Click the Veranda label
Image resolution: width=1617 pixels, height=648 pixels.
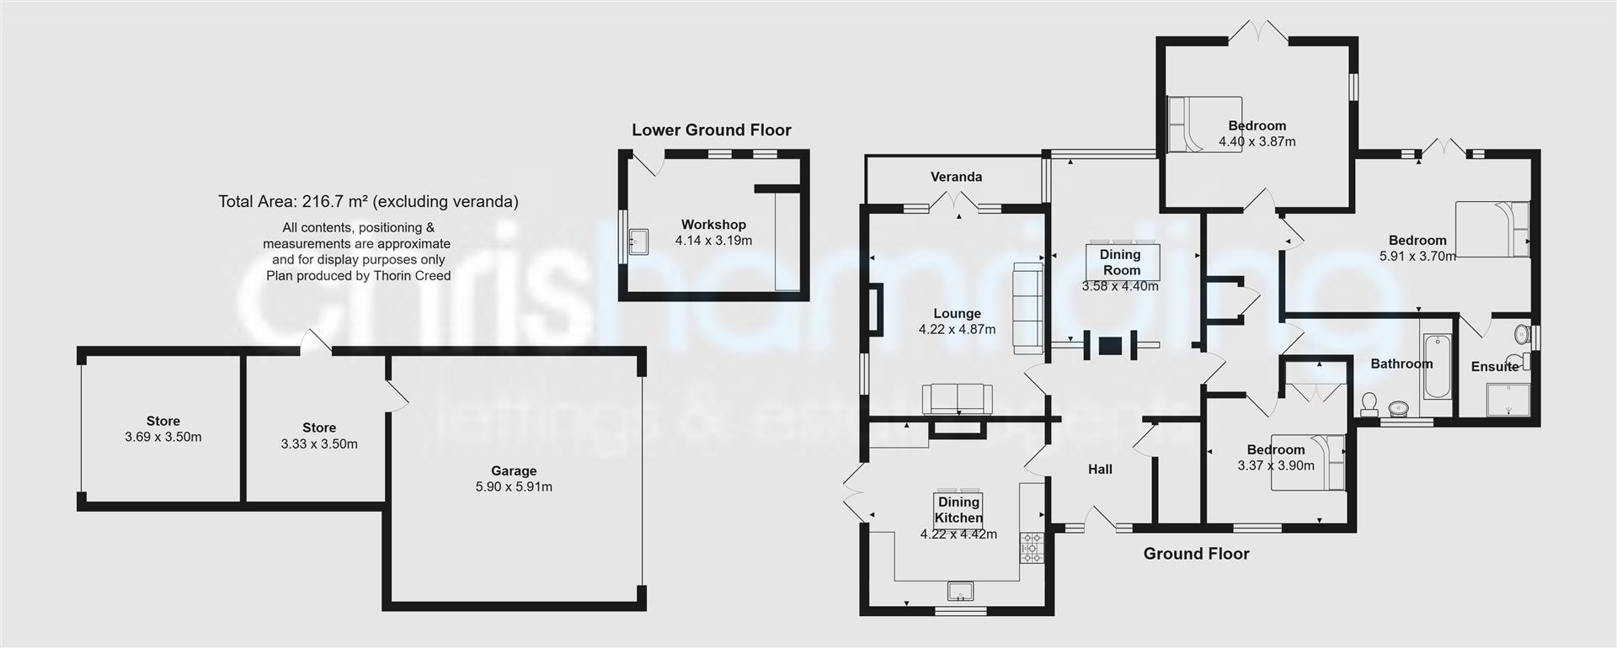pos(956,177)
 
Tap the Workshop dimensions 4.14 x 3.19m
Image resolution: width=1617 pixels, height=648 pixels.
pos(713,241)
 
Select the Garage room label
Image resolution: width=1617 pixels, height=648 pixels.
pos(514,471)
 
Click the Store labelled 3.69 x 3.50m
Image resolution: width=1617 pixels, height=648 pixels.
pos(163,429)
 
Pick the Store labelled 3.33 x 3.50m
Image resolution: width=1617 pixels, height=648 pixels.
pos(319,436)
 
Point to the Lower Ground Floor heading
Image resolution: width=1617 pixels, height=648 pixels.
pos(712,130)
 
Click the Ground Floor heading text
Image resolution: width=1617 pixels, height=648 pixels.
pos(1196,554)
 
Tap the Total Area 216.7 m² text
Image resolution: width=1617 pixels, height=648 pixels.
pos(368,201)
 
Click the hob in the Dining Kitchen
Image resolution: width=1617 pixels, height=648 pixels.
pos(1032,547)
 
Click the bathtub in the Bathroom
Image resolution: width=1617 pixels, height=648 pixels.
pos(1436,367)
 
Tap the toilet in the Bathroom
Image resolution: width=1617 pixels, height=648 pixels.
pos(1369,405)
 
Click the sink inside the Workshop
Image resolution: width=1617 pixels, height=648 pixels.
pos(637,241)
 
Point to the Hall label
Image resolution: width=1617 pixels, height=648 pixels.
pos(1100,470)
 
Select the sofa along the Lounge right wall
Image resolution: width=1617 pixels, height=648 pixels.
pos(1027,307)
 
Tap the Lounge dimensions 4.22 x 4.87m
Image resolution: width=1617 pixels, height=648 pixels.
pos(957,330)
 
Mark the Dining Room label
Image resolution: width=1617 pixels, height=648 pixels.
pos(1120,262)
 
